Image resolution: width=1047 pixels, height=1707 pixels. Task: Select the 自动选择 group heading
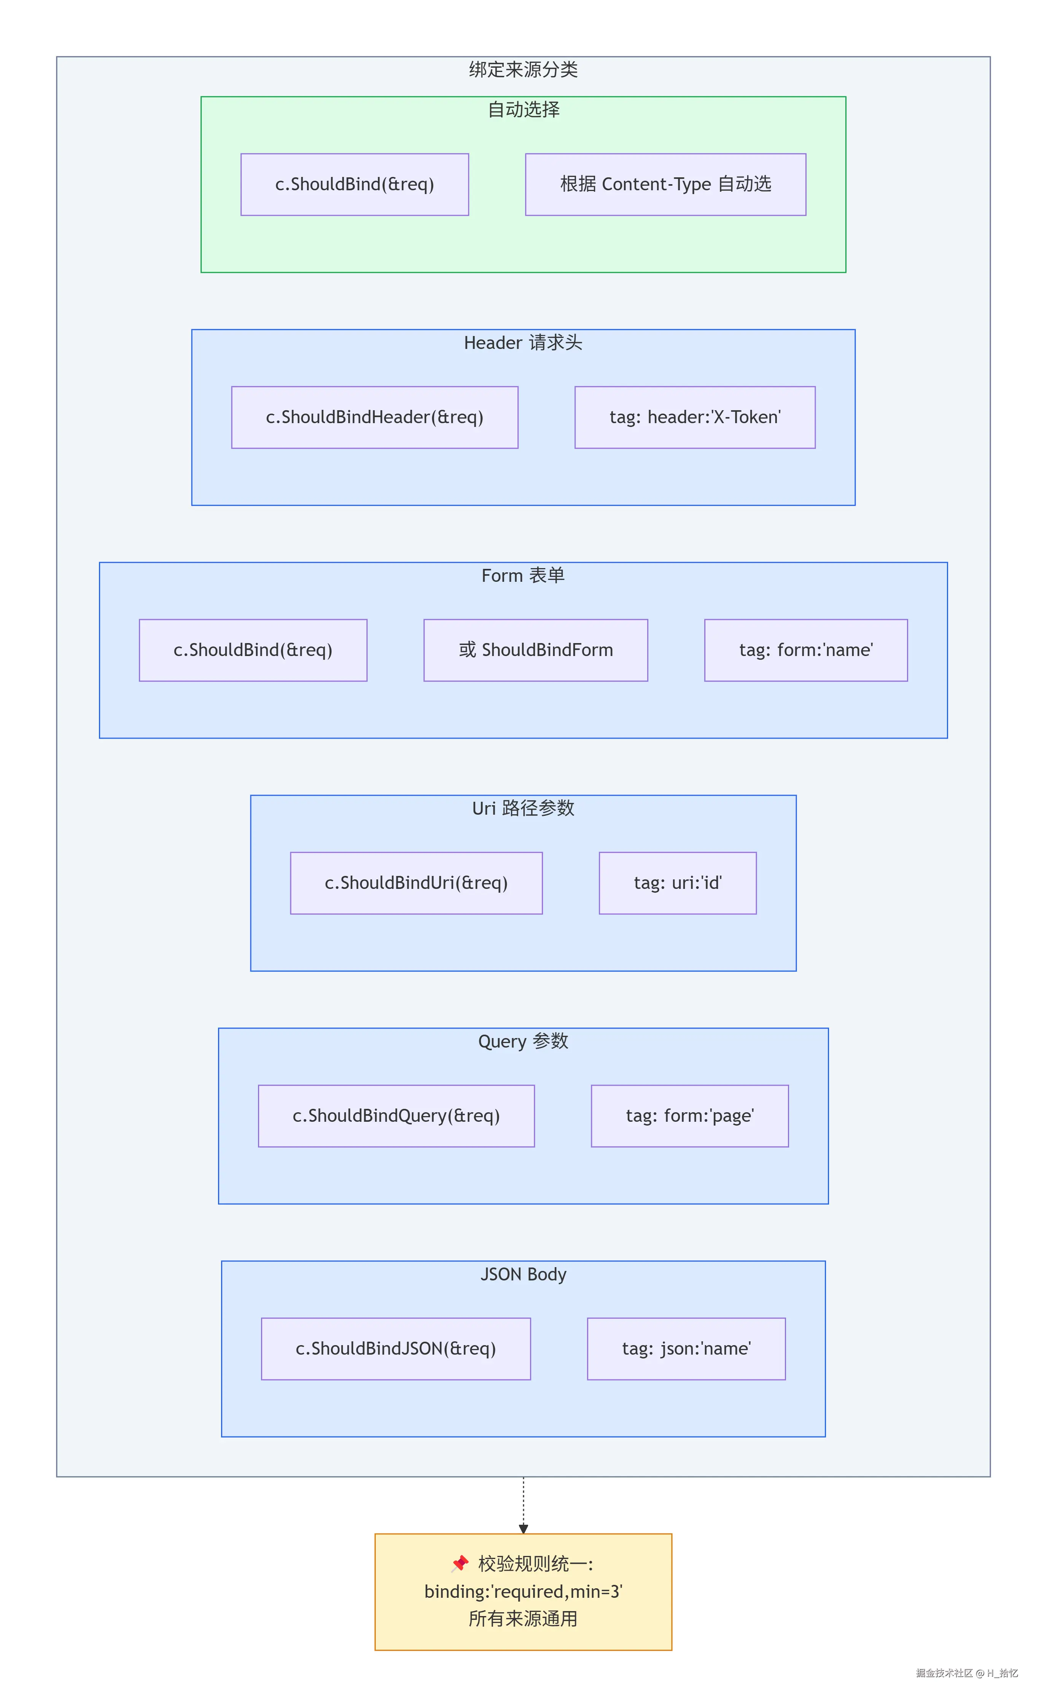point(523,110)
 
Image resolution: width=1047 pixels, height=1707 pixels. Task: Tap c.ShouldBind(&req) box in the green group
point(355,184)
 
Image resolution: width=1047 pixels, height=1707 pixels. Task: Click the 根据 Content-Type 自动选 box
point(665,184)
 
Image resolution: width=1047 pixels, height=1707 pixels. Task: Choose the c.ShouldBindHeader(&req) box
point(375,417)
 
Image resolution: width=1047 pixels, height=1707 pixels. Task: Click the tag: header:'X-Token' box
point(695,417)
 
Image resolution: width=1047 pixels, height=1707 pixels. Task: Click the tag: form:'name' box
point(806,650)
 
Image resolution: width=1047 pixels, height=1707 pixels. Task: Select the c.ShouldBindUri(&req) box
point(416,882)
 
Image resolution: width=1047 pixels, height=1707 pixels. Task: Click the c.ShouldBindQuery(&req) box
point(396,1115)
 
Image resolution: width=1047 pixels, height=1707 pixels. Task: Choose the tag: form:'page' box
point(690,1115)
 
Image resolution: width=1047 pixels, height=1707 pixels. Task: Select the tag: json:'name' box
point(686,1348)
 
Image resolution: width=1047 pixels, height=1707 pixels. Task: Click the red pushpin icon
point(460,1564)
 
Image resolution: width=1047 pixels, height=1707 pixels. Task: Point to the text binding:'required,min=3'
point(523,1591)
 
